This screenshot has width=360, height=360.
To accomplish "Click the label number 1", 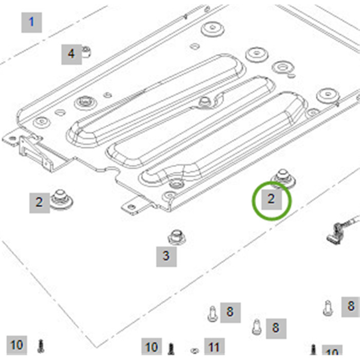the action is [32, 23].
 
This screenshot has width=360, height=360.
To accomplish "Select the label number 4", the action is [71, 54].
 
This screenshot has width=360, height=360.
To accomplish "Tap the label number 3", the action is [167, 257].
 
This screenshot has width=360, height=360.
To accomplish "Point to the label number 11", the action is [214, 348].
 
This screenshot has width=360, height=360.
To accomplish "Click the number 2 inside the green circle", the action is [272, 200].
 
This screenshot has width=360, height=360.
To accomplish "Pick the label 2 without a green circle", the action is [40, 203].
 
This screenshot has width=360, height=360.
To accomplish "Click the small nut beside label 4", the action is [86, 52].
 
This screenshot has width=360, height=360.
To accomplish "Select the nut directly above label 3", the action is [176, 238].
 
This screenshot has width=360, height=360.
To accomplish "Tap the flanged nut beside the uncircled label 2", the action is [61, 199].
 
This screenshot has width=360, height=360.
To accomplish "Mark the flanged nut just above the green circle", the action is [283, 178].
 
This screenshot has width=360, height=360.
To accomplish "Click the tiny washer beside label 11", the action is [195, 350].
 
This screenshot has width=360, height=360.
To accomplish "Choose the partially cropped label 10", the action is [332, 352].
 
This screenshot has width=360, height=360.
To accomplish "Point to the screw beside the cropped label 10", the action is [313, 350].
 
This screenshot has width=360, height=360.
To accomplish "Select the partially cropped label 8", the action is [351, 307].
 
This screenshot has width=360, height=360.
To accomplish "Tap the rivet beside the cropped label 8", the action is [328, 308].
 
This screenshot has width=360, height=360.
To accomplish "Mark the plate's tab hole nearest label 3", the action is [131, 207].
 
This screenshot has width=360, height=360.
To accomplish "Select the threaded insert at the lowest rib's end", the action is [176, 184].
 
